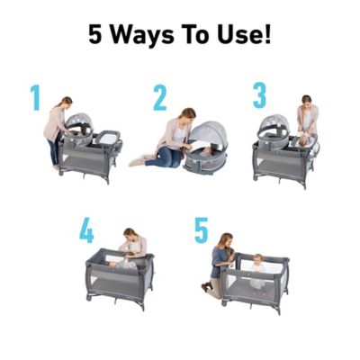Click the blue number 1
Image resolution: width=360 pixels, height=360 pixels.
coord(35,97)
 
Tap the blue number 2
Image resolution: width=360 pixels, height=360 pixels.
coord(160,97)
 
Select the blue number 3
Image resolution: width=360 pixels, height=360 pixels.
coord(259,95)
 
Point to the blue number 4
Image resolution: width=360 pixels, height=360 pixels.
coord(86,229)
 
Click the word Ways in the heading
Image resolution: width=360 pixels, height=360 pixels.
coord(143,35)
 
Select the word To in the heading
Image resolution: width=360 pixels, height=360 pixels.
coord(197,34)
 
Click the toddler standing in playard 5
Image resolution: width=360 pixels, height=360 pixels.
coord(257,272)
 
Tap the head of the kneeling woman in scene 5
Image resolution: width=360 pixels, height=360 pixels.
coord(227,240)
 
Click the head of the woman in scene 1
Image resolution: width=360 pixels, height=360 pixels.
coord(67,102)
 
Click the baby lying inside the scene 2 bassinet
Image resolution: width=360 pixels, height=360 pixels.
coord(205,153)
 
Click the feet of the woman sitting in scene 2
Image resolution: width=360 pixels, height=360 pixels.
coord(138,161)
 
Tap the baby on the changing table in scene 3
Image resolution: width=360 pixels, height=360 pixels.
coord(303,141)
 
